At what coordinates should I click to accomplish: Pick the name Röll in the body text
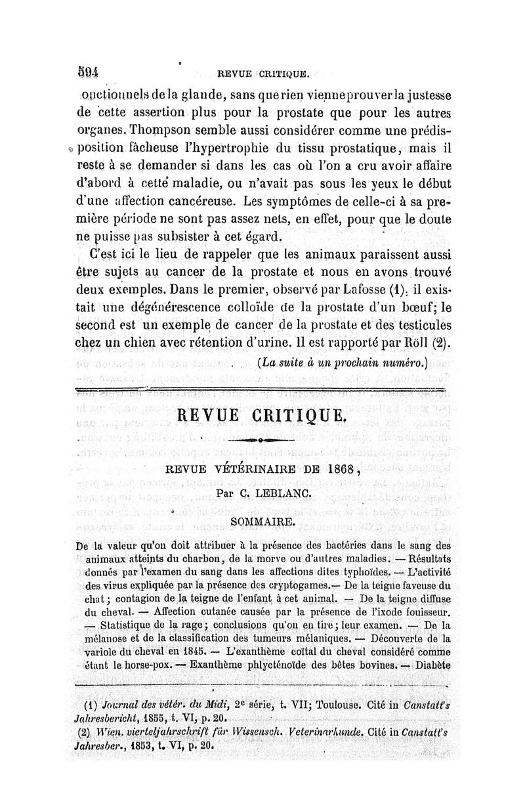418,343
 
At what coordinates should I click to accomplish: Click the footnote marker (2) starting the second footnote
85,732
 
